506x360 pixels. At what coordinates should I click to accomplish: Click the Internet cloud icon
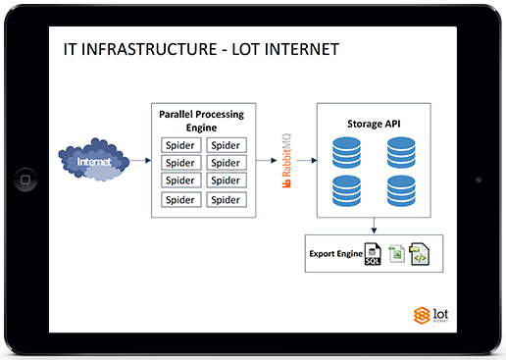(x=94, y=160)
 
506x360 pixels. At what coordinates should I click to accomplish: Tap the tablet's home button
(x=25, y=180)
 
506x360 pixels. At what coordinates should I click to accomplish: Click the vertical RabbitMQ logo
(x=286, y=161)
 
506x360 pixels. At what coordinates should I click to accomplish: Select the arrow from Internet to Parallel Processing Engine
(x=140, y=160)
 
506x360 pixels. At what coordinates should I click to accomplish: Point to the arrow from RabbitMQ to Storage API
(x=307, y=160)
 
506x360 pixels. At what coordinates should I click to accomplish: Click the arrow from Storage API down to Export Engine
(x=374, y=226)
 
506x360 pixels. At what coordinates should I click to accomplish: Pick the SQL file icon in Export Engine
(x=373, y=254)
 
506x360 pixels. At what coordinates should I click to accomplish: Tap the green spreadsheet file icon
(x=396, y=254)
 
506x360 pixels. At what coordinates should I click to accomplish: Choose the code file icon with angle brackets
(x=420, y=254)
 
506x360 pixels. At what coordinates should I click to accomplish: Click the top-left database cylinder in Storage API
(x=346, y=153)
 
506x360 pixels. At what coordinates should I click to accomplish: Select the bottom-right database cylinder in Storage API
(x=401, y=191)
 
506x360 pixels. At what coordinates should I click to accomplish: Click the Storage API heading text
(x=374, y=124)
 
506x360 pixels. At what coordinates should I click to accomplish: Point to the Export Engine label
(x=336, y=254)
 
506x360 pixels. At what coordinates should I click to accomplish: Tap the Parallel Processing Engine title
(x=201, y=121)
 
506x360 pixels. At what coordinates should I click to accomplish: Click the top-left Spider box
(x=181, y=145)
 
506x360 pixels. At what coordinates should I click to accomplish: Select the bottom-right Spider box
(x=227, y=199)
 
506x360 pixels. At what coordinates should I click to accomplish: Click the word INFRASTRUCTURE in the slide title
(x=149, y=49)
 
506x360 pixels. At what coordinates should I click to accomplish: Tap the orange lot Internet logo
(x=430, y=315)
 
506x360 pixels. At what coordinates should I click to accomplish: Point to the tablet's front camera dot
(x=479, y=180)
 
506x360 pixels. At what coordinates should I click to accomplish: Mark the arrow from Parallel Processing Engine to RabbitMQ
(x=267, y=160)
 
